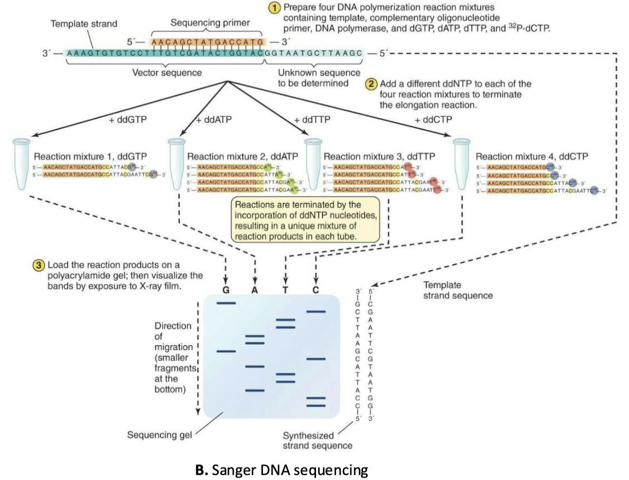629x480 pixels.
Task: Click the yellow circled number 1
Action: pos(275,9)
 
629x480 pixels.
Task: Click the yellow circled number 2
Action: pos(372,84)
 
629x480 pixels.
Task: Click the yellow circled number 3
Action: pos(37,265)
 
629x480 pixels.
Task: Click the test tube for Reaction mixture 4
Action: pos(462,165)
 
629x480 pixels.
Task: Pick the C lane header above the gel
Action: pos(316,291)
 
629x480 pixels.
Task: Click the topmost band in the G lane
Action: pos(226,303)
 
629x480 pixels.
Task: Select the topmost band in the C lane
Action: pos(316,312)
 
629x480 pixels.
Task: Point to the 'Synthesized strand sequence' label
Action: pos(308,440)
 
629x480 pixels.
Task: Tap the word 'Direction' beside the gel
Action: pos(173,326)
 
